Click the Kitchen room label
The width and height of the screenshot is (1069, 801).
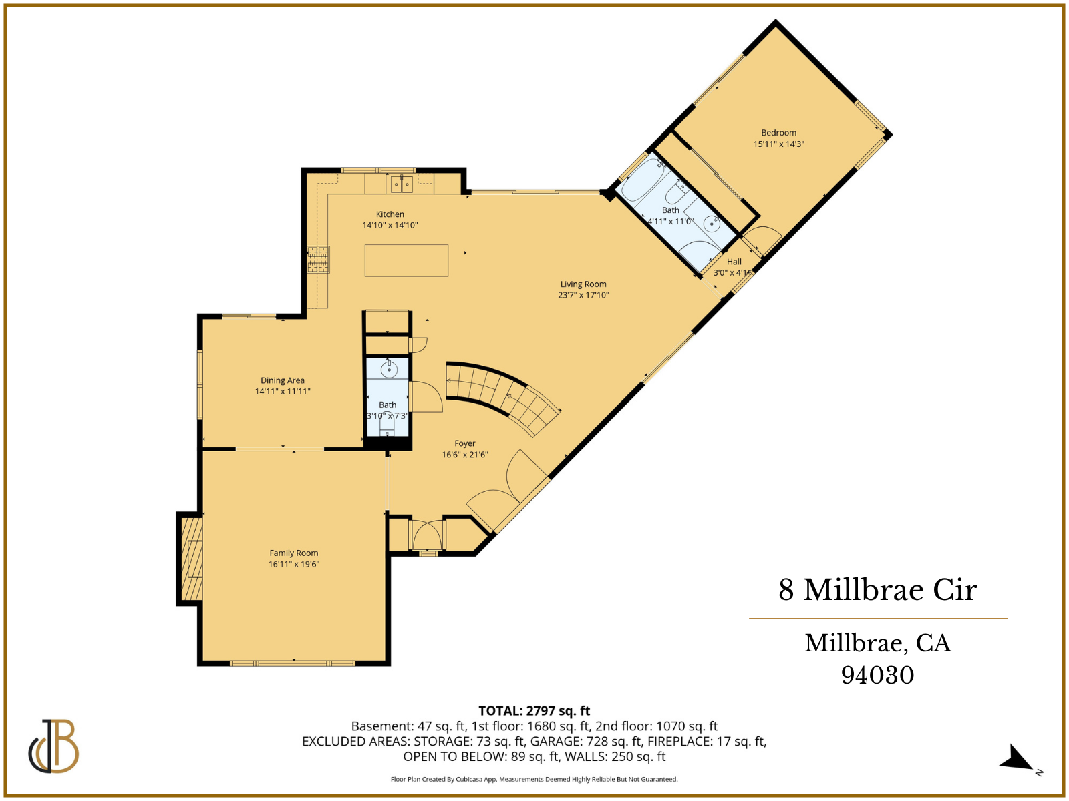pyautogui.click(x=390, y=214)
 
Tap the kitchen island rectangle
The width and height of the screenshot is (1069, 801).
pyautogui.click(x=406, y=260)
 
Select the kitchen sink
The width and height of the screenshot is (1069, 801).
pyautogui.click(x=402, y=184)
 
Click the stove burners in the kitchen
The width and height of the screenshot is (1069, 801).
pyautogui.click(x=318, y=260)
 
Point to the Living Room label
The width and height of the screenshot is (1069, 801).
pyautogui.click(x=583, y=284)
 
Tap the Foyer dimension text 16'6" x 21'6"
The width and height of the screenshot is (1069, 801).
pyautogui.click(x=465, y=455)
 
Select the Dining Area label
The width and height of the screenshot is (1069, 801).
pyautogui.click(x=283, y=380)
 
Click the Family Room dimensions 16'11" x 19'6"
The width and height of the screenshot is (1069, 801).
pyautogui.click(x=294, y=564)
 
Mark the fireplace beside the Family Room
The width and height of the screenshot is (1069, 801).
pyautogui.click(x=190, y=559)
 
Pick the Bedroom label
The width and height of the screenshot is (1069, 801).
pyautogui.click(x=778, y=133)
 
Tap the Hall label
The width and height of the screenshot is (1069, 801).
pyautogui.click(x=734, y=262)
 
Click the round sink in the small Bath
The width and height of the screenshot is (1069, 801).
pyautogui.click(x=388, y=369)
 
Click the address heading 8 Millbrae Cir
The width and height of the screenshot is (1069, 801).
pyautogui.click(x=877, y=590)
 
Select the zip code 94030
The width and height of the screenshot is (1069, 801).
pyautogui.click(x=877, y=675)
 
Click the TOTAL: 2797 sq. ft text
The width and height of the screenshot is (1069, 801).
pyautogui.click(x=534, y=711)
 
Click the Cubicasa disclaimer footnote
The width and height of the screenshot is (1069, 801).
pyautogui.click(x=534, y=779)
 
